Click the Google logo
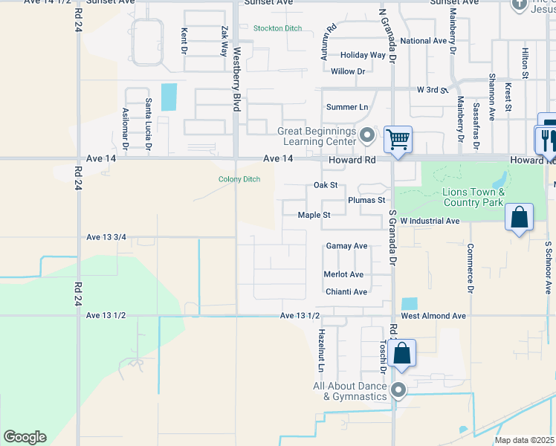pos(25,437)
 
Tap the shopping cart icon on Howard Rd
pos(398,139)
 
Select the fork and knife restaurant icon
pos(546,139)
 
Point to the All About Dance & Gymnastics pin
pos(398,390)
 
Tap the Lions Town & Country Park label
pos(473,197)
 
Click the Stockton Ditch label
pos(277,28)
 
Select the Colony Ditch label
pos(239,179)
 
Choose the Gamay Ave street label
pos(346,246)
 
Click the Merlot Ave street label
pos(343,274)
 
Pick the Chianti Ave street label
pos(346,292)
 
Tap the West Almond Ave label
pos(433,316)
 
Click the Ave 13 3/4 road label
pos(106,237)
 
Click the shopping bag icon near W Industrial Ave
pos(520,218)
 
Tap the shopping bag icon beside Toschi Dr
pos(401,353)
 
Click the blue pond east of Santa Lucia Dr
pos(169,97)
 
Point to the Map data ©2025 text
pos(524,440)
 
